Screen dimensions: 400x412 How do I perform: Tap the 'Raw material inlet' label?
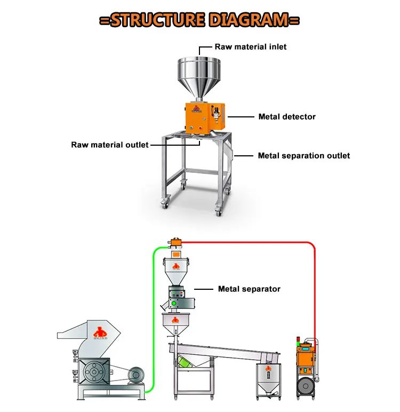[251, 47]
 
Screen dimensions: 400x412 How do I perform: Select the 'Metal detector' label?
[287, 116]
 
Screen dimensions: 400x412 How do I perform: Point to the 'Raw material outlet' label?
[110, 145]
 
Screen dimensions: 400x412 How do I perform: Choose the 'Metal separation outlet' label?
[304, 156]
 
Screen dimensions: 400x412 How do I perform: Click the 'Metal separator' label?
[249, 289]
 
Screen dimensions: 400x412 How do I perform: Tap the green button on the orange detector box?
[189, 128]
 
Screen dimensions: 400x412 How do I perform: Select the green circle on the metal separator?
[174, 304]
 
